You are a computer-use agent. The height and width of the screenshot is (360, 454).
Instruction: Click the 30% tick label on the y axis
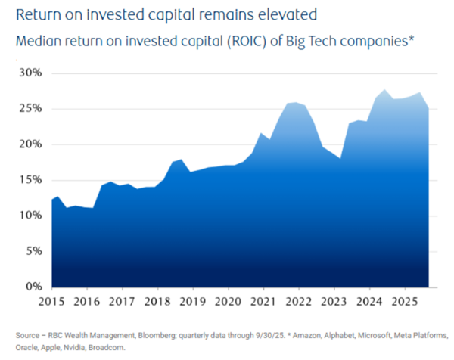(x=28, y=73)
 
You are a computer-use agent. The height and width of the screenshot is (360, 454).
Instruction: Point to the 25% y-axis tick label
(x=28, y=108)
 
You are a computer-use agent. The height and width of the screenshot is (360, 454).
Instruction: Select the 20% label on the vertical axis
(x=28, y=144)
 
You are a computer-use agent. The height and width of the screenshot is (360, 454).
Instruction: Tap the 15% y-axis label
(x=28, y=179)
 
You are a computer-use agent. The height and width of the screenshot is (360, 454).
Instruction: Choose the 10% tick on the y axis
(x=28, y=215)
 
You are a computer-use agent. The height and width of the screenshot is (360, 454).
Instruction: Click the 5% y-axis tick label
(x=31, y=250)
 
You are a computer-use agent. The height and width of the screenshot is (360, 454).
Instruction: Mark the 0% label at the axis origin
(x=31, y=286)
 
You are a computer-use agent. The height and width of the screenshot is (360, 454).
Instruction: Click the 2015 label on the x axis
(x=52, y=301)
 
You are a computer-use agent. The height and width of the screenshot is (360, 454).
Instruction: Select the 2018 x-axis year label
(x=158, y=301)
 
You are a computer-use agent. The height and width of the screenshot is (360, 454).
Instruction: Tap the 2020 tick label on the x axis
(x=229, y=301)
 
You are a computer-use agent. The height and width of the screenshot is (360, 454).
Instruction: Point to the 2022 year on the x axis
(x=299, y=301)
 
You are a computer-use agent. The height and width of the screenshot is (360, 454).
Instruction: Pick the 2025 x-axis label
(x=405, y=301)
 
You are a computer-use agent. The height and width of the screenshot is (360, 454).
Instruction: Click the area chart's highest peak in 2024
(x=385, y=90)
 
